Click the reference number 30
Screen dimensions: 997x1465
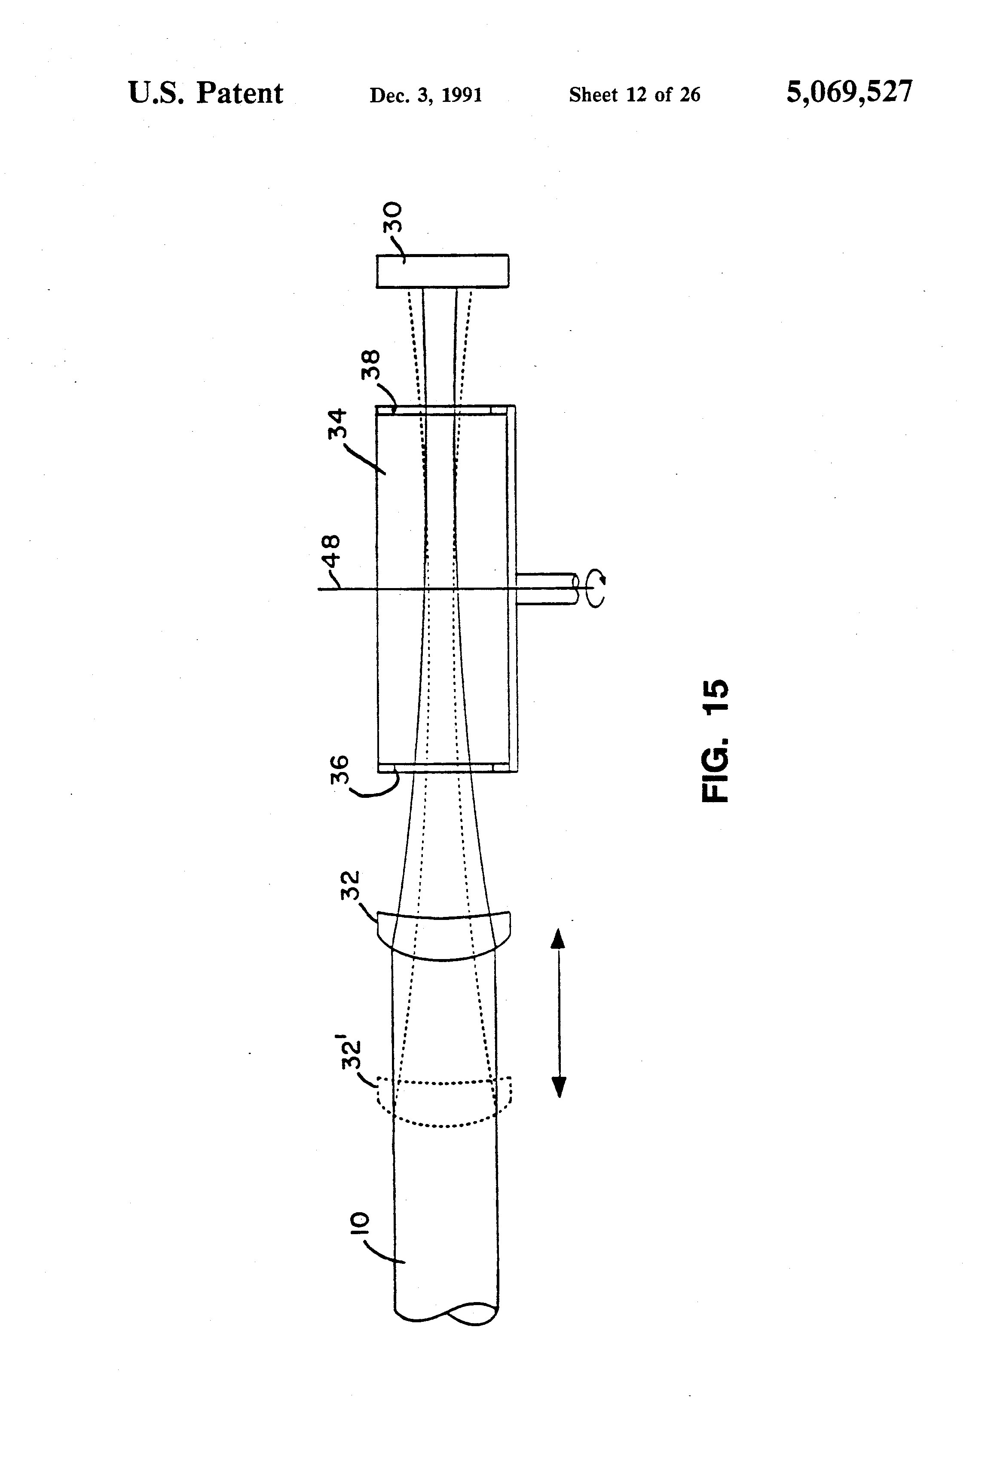click(392, 218)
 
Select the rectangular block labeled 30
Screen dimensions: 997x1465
click(442, 271)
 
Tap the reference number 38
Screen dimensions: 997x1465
click(371, 365)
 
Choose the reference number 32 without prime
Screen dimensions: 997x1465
click(350, 886)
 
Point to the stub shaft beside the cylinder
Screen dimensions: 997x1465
click(547, 589)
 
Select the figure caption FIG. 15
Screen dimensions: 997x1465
click(715, 740)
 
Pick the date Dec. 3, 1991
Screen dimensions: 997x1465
click(425, 95)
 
